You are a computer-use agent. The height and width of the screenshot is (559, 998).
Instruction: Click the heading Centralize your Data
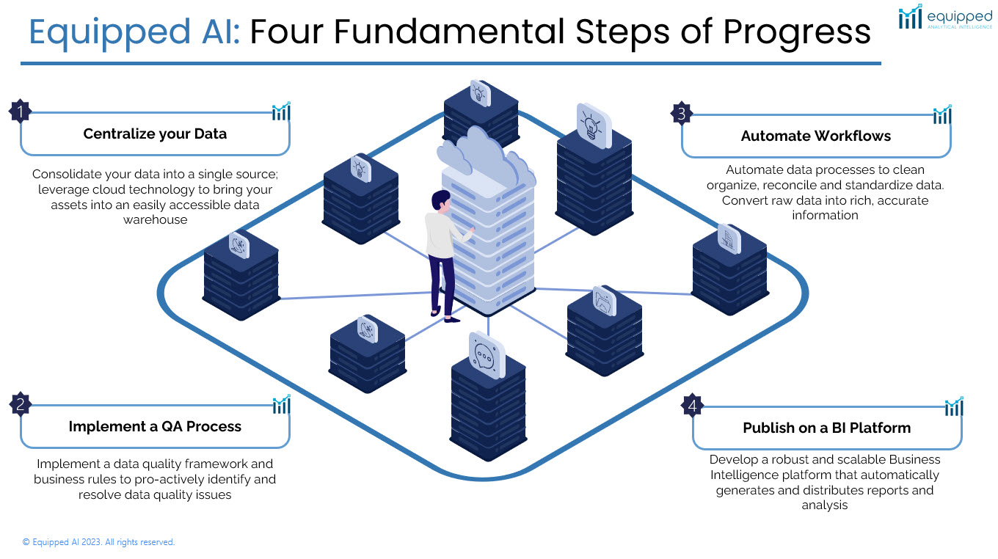(155, 134)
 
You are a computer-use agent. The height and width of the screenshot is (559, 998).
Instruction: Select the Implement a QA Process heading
(155, 426)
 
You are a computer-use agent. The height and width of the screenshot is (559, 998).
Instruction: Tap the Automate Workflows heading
(815, 136)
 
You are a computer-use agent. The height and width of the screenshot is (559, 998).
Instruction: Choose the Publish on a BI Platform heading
(826, 428)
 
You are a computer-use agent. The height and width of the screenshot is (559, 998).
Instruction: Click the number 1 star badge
(21, 112)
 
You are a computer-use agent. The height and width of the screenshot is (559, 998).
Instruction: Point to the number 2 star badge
(21, 404)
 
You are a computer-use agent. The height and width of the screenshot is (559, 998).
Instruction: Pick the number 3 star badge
(682, 114)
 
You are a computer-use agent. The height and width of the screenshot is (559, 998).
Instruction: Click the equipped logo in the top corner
(945, 18)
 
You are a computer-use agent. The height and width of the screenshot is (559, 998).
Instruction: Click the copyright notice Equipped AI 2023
(98, 542)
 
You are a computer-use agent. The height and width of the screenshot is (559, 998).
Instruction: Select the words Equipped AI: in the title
(134, 32)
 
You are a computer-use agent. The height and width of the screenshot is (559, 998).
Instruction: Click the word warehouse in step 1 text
(155, 219)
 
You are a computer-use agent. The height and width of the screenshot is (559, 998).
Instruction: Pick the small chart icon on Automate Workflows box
(941, 115)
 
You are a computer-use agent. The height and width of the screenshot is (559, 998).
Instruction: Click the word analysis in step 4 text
(825, 505)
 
